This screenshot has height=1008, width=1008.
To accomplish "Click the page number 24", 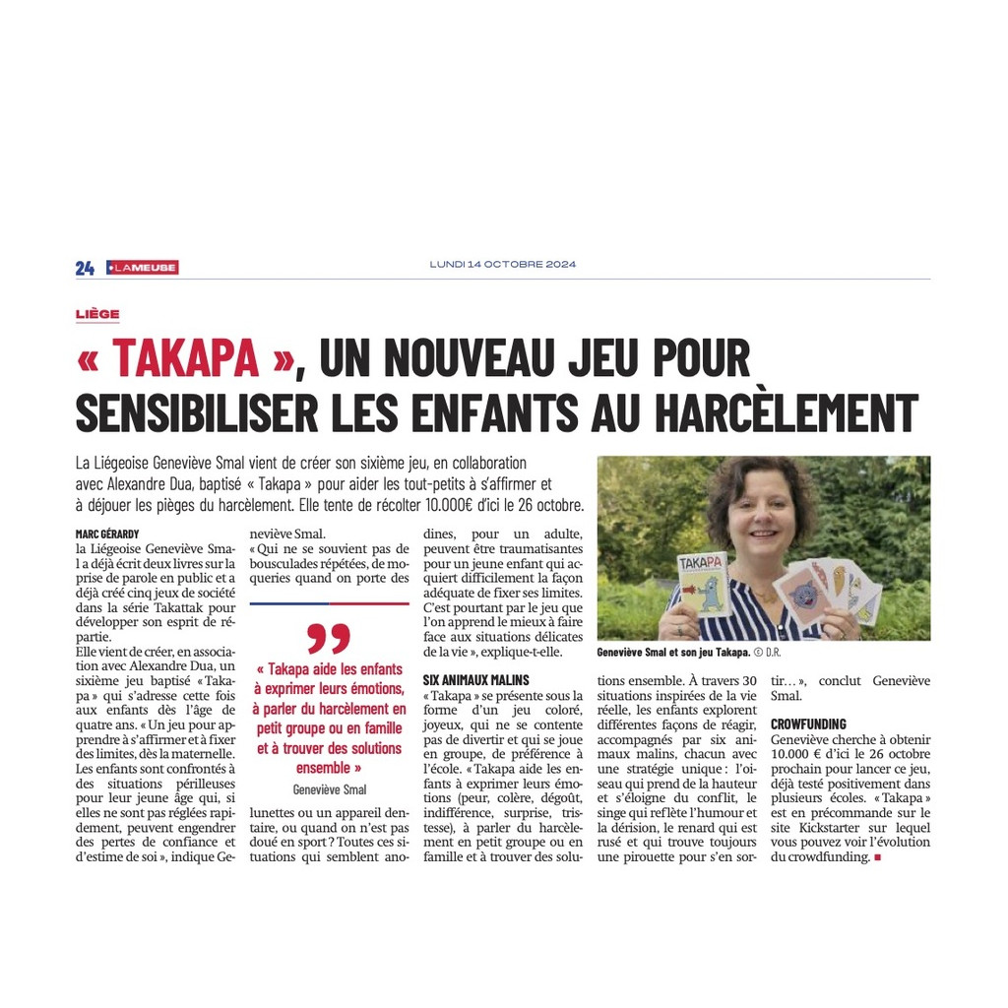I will click(x=85, y=268).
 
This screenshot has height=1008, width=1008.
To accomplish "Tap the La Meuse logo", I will click(x=143, y=267).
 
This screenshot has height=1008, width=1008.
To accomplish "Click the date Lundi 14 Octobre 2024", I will click(x=503, y=264).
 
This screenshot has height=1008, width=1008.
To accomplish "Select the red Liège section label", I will click(x=97, y=314).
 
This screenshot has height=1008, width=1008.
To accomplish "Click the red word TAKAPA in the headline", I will click(x=185, y=359).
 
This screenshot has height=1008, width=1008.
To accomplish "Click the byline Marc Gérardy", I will click(x=107, y=534).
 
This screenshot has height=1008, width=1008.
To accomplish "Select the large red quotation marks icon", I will click(x=329, y=638).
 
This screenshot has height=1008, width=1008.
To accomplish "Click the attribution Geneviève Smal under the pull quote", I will click(x=330, y=789).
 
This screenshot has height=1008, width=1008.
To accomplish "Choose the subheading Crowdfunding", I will click(x=808, y=724).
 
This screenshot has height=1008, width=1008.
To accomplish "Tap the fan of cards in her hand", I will click(x=827, y=591).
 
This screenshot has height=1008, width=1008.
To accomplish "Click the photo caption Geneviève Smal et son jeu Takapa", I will click(x=673, y=653).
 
